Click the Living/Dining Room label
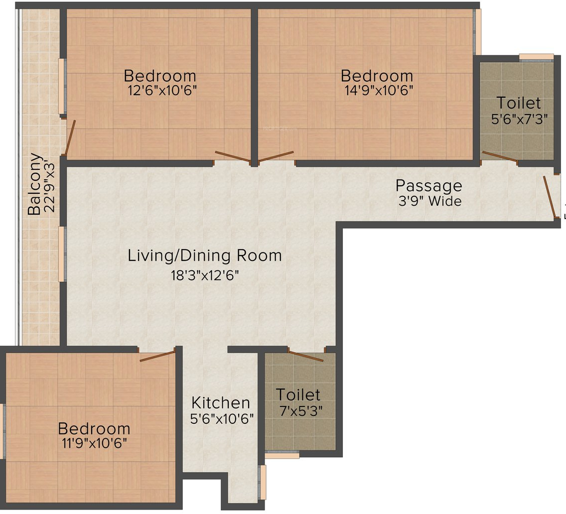click(205, 256)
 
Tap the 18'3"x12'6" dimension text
click(205, 276)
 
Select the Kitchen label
click(221, 402)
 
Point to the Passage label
click(429, 186)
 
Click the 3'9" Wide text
click(429, 201)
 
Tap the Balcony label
click(34, 184)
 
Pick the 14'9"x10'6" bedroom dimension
click(379, 90)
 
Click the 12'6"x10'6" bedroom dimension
click(162, 90)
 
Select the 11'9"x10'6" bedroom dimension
click(94, 443)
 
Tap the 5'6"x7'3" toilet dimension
click(520, 119)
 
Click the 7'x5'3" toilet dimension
click(301, 410)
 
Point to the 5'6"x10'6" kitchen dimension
click(222, 418)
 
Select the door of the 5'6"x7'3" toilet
click(500, 157)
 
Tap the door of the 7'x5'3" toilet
click(306, 355)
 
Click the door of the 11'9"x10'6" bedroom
click(158, 355)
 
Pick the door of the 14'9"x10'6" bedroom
click(276, 156)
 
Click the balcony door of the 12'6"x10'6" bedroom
click(70, 137)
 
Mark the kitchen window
click(263, 482)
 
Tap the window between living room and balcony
click(62, 254)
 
